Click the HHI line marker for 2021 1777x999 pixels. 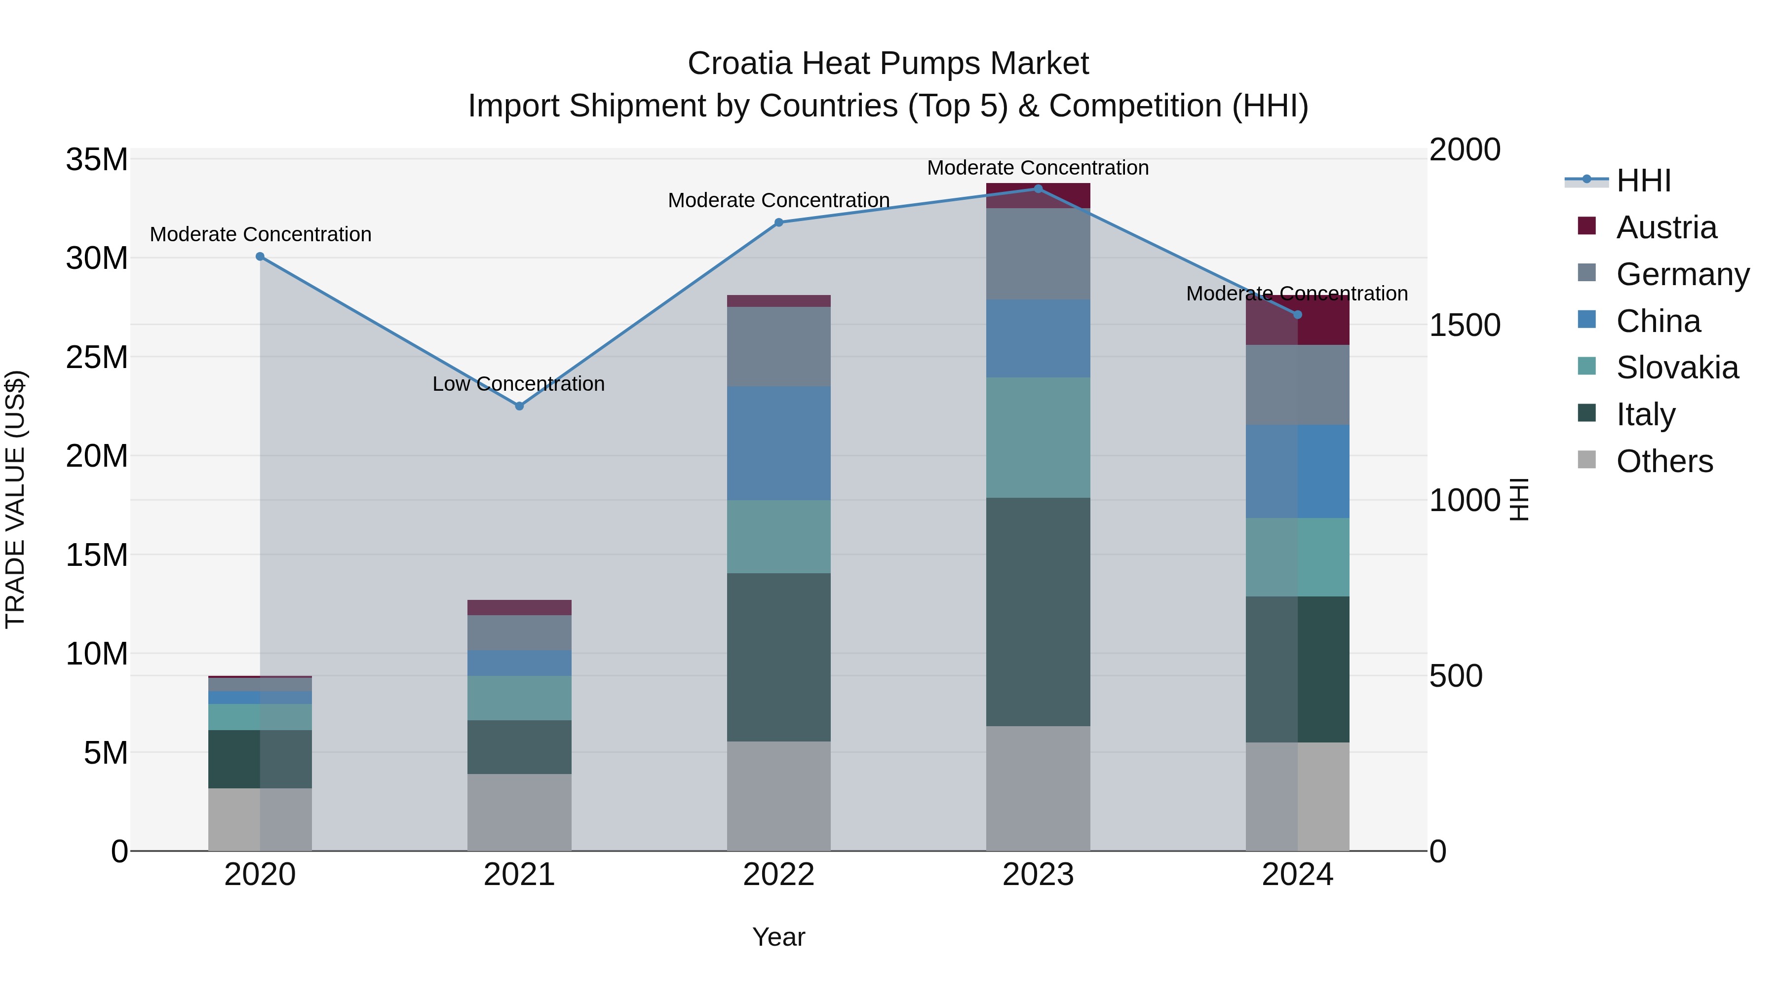click(519, 406)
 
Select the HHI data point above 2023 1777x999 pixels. click(1038, 189)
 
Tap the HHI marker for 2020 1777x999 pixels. click(260, 257)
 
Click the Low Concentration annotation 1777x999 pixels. click(518, 383)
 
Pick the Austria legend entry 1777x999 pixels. click(1665, 227)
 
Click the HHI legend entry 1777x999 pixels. click(1643, 181)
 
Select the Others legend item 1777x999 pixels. click(1664, 461)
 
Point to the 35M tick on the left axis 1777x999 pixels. click(97, 160)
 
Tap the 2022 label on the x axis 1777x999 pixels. click(779, 875)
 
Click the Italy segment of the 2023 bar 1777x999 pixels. click(1038, 612)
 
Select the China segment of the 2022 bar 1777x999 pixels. click(779, 444)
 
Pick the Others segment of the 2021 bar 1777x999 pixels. click(519, 812)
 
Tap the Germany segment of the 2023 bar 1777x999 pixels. click(1038, 254)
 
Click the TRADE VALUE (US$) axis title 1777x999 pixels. click(15, 499)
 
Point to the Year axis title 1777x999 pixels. click(779, 937)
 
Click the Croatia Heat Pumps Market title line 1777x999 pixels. click(888, 64)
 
